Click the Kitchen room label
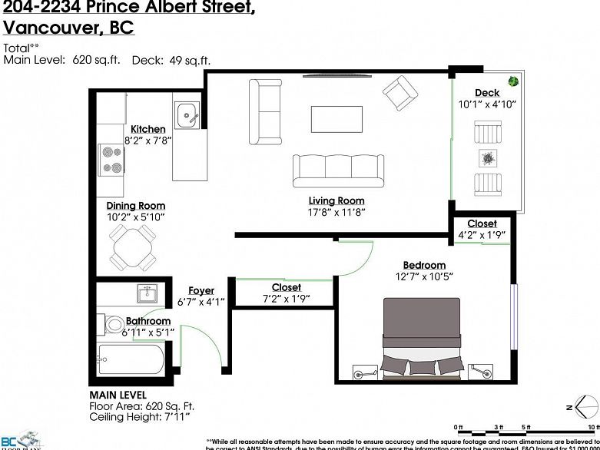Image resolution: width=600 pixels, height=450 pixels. (148, 129)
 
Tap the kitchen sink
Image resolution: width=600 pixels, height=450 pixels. (187, 117)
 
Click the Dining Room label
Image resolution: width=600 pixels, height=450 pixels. (135, 206)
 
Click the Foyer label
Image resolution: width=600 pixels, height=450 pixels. (201, 290)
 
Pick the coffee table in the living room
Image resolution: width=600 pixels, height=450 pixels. (336, 118)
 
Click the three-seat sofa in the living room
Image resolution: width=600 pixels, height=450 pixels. (338, 169)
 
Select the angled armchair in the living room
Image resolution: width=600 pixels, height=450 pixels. (399, 93)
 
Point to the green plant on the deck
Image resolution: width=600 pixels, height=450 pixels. (512, 81)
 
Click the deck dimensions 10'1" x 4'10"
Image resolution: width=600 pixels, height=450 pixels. (487, 104)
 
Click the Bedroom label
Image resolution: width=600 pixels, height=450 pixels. (420, 266)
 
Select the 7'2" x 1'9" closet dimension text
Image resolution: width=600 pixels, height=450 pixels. (286, 299)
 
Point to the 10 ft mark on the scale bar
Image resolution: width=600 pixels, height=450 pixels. (590, 427)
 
